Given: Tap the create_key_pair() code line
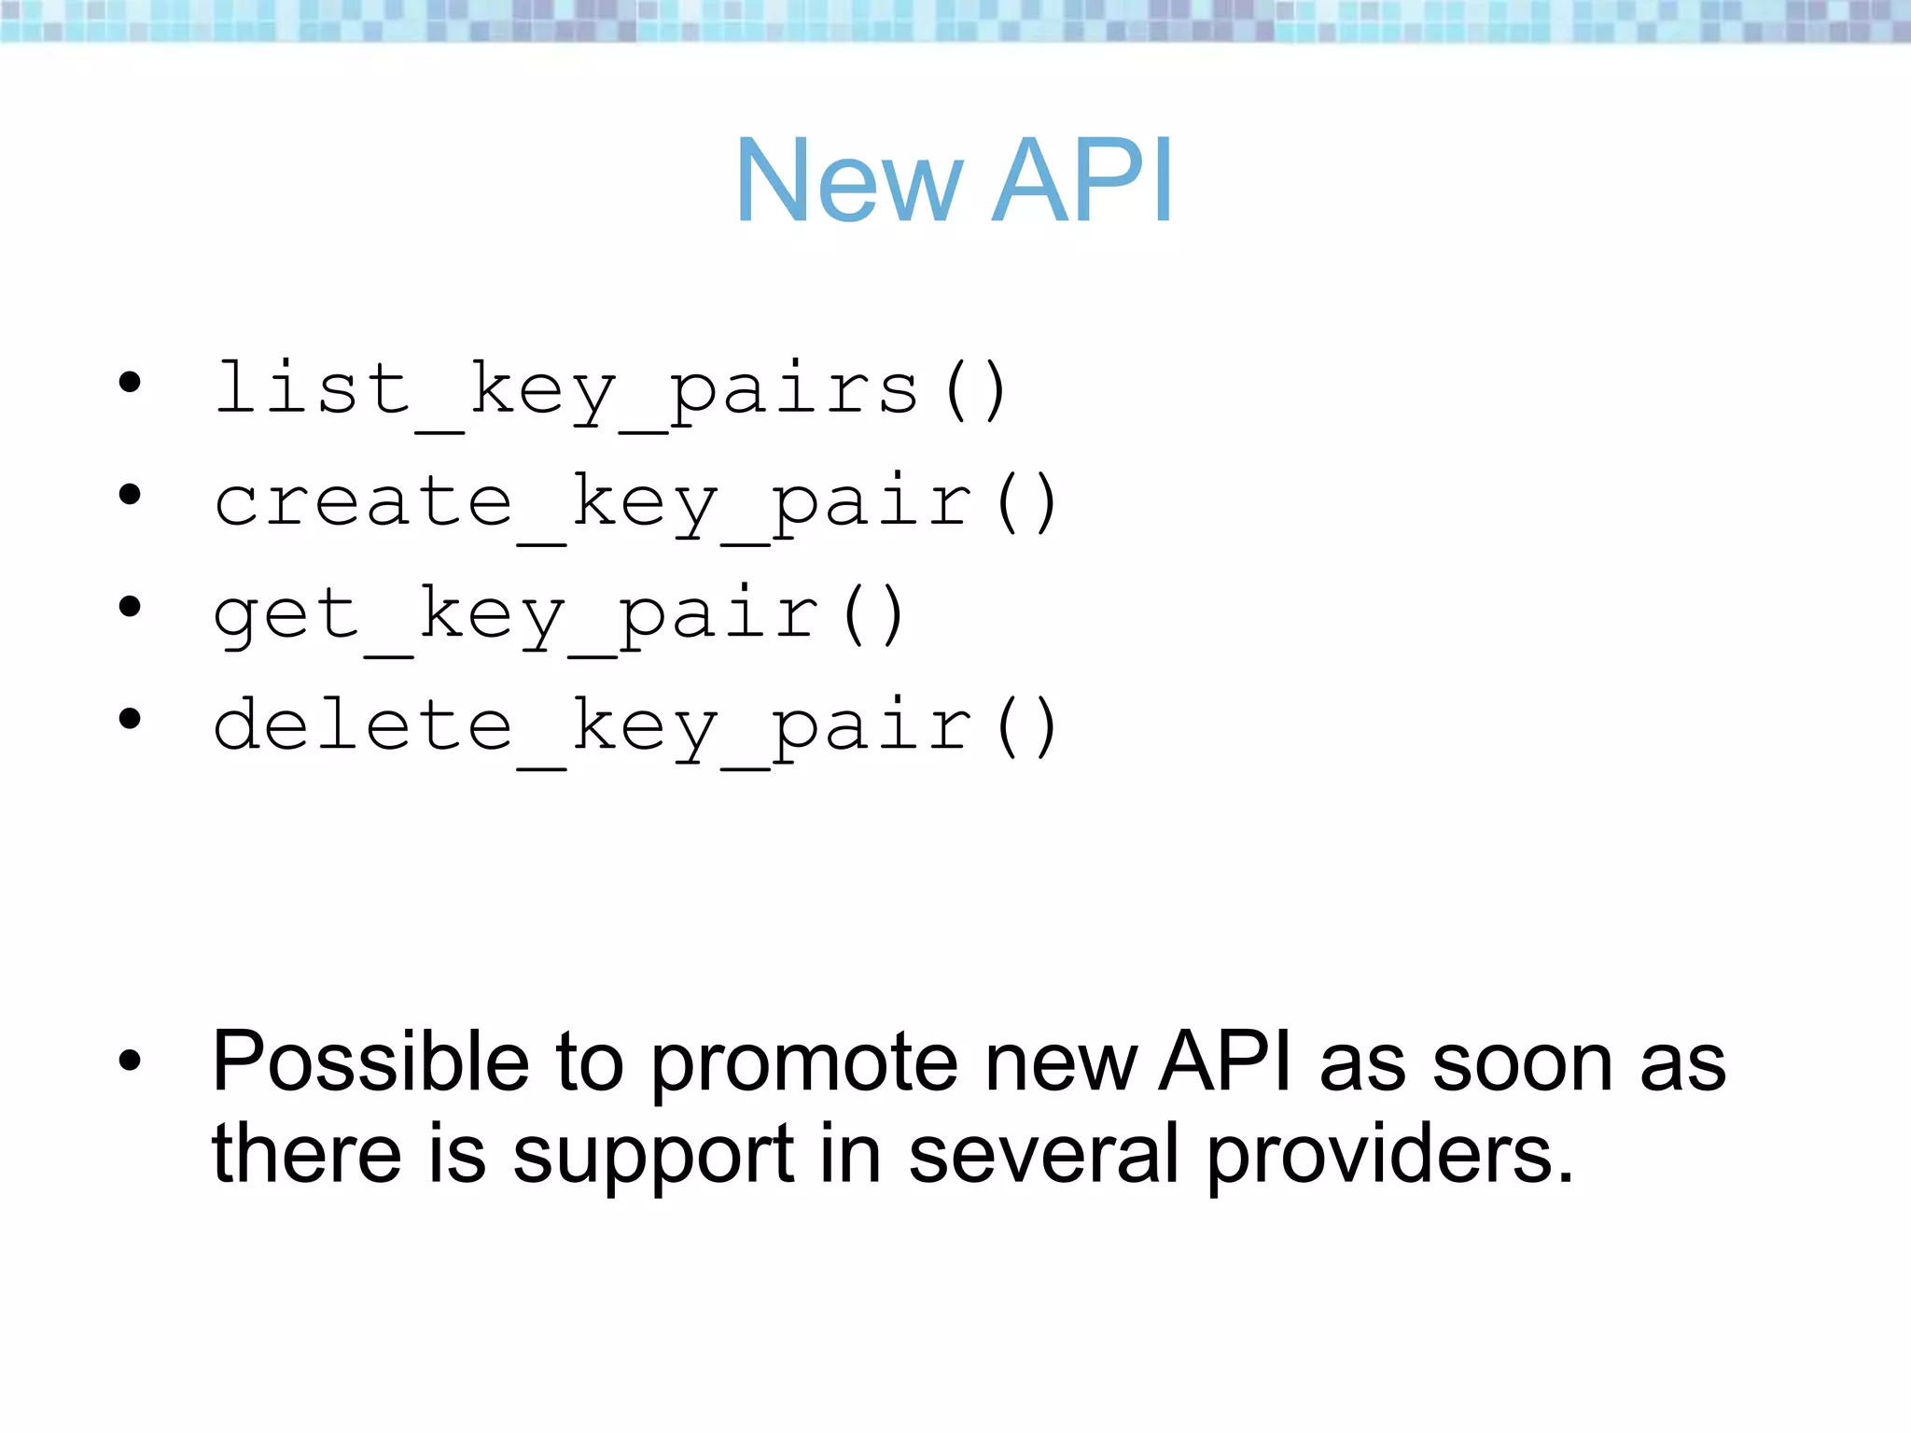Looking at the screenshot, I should pos(635,503).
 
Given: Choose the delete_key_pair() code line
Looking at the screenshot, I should pos(635,727).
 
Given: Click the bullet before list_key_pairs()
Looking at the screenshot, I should pos(130,382).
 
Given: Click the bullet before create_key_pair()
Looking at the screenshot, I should pos(130,495).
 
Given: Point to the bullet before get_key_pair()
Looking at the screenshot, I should pos(130,608).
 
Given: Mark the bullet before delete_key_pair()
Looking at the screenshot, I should pos(130,719).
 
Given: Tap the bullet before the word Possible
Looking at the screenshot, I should pos(130,1061).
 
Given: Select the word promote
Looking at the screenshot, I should pos(803,1065).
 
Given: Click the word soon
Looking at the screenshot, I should pos(1522,1065).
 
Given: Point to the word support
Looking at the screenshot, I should pos(653,1158).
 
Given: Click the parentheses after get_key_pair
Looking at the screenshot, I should pos(872,615).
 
